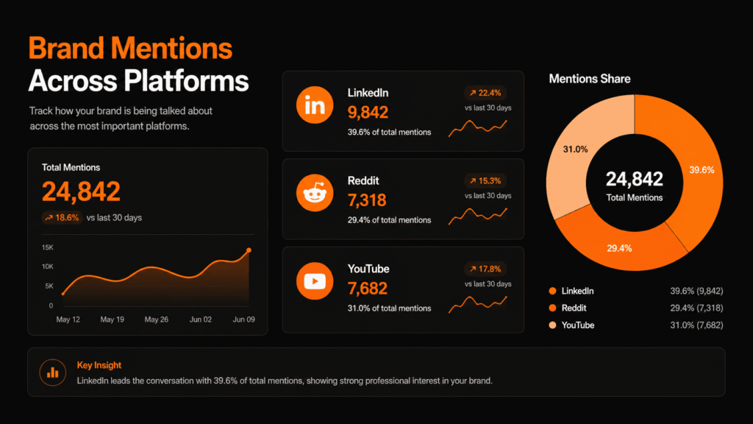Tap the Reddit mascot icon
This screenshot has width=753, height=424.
(x=315, y=194)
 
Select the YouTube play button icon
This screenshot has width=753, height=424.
(x=315, y=281)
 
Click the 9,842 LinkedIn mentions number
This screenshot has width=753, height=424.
(x=368, y=113)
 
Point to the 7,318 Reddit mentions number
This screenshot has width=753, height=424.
(x=367, y=200)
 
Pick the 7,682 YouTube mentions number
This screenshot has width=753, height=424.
(x=367, y=289)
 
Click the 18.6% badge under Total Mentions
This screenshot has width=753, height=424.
(x=61, y=218)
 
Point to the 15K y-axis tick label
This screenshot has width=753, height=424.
(x=47, y=247)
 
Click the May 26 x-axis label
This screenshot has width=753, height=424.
(x=157, y=320)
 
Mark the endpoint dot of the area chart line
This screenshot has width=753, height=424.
(x=249, y=250)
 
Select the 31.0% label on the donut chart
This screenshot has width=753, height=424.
(x=575, y=149)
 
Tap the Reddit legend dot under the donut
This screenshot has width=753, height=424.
(x=553, y=308)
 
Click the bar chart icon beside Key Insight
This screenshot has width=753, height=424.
(x=52, y=372)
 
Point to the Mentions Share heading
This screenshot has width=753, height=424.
(x=590, y=79)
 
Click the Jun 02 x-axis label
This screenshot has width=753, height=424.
(x=201, y=320)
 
